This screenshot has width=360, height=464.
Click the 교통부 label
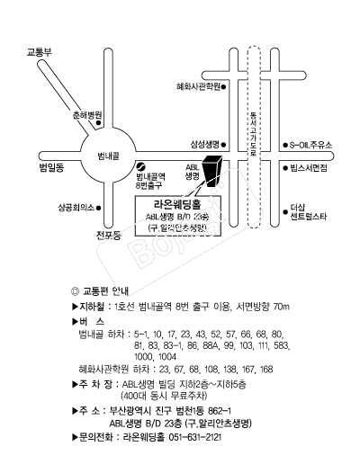pyautogui.click(x=40, y=52)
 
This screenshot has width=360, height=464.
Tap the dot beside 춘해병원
pyautogui.click(x=98, y=123)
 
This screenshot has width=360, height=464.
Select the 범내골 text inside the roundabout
pyautogui.click(x=108, y=156)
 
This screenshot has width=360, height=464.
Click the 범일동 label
pyautogui.click(x=51, y=167)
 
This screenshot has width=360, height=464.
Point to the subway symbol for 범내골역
pyautogui.click(x=140, y=165)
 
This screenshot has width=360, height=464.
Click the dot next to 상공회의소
pyautogui.click(x=98, y=208)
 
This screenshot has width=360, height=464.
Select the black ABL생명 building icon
pyautogui.click(x=212, y=171)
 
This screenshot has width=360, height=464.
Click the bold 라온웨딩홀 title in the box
pyautogui.click(x=177, y=204)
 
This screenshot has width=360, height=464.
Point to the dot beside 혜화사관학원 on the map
pyautogui.click(x=224, y=87)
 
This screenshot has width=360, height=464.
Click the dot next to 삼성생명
pyautogui.click(x=224, y=145)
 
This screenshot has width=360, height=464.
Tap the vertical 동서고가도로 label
pyautogui.click(x=254, y=134)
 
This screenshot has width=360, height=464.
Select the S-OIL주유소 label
pyautogui.click(x=310, y=146)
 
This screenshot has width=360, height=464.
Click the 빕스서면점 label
pyautogui.click(x=309, y=168)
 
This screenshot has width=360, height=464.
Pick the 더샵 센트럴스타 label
pyautogui.click(x=309, y=212)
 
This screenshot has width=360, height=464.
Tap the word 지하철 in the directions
pyautogui.click(x=92, y=307)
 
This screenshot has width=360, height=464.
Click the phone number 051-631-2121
pyautogui.click(x=195, y=437)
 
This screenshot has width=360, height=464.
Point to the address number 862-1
pyautogui.click(x=220, y=410)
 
